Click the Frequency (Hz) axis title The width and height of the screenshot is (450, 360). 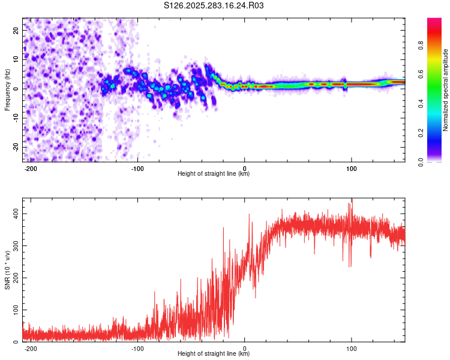tap(7, 89)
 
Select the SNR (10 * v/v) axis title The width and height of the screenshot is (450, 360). tap(7, 269)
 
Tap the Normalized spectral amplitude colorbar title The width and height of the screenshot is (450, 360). tap(446, 89)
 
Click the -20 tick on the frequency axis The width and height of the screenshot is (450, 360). tap(15, 147)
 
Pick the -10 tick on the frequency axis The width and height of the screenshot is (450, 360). tap(15, 118)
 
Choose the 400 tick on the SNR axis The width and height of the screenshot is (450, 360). tap(13, 214)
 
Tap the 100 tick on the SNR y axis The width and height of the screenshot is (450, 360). tap(13, 310)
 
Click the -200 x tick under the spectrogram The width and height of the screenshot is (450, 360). tap(31, 168)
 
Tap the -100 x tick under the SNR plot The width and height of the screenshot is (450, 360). tap(137, 348)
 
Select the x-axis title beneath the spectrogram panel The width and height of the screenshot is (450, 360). tap(214, 174)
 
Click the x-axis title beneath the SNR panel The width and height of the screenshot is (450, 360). tap(214, 354)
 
